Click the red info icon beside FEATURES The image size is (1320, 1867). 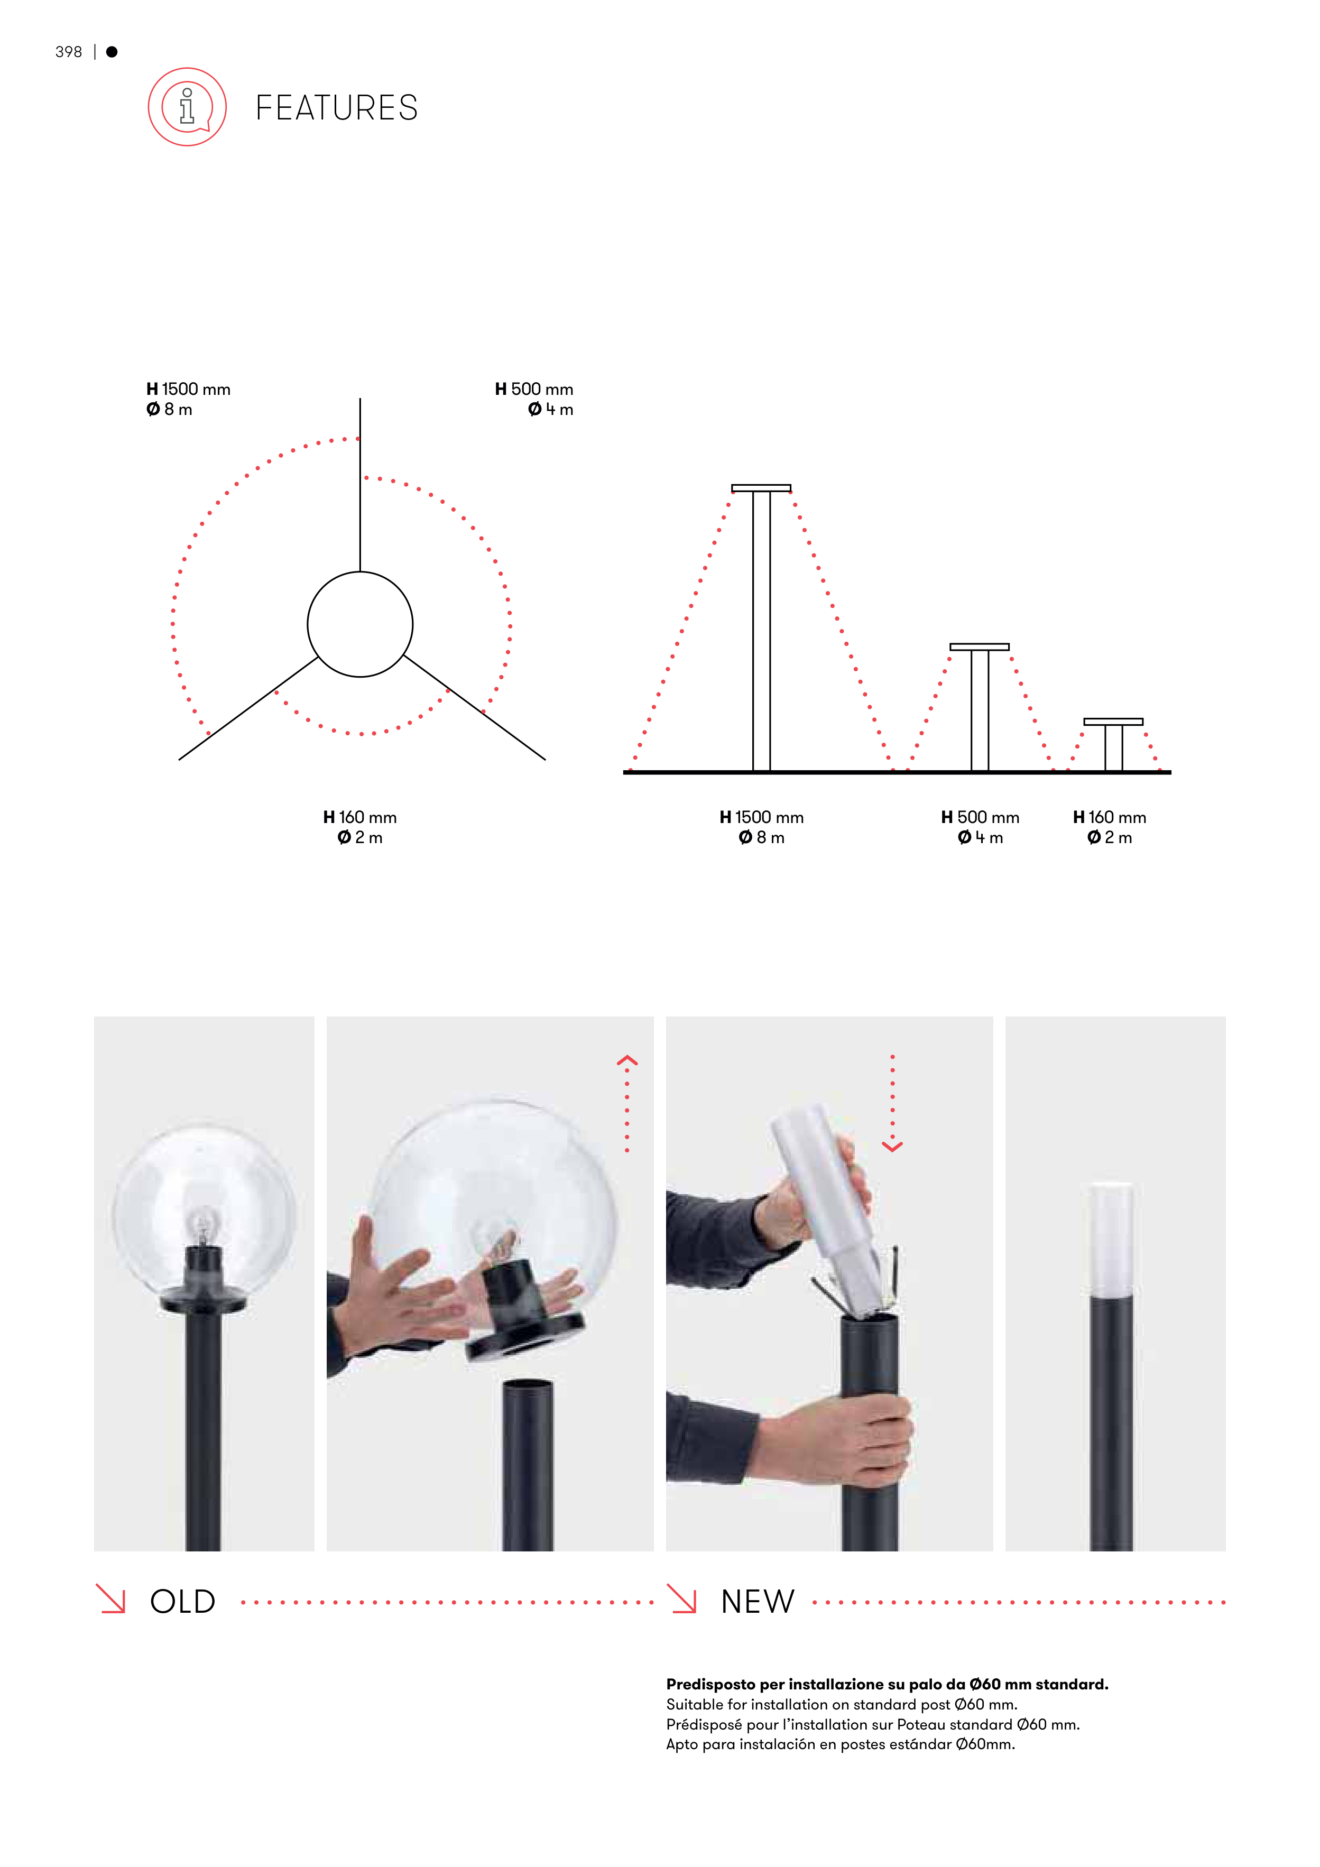tap(187, 107)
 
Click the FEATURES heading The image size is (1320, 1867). tap(337, 107)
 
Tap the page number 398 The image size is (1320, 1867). tap(68, 52)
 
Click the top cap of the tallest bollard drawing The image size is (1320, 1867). tap(761, 488)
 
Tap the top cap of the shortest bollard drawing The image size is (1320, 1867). tap(1113, 721)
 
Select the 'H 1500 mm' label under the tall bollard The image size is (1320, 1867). tap(761, 817)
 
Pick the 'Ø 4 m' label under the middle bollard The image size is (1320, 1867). tap(980, 837)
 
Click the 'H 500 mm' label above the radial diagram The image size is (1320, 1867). tap(534, 390)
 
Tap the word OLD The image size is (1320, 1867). tap(183, 1602)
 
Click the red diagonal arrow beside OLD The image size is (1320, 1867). tap(110, 1598)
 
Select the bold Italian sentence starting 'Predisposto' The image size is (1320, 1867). tap(888, 1684)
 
